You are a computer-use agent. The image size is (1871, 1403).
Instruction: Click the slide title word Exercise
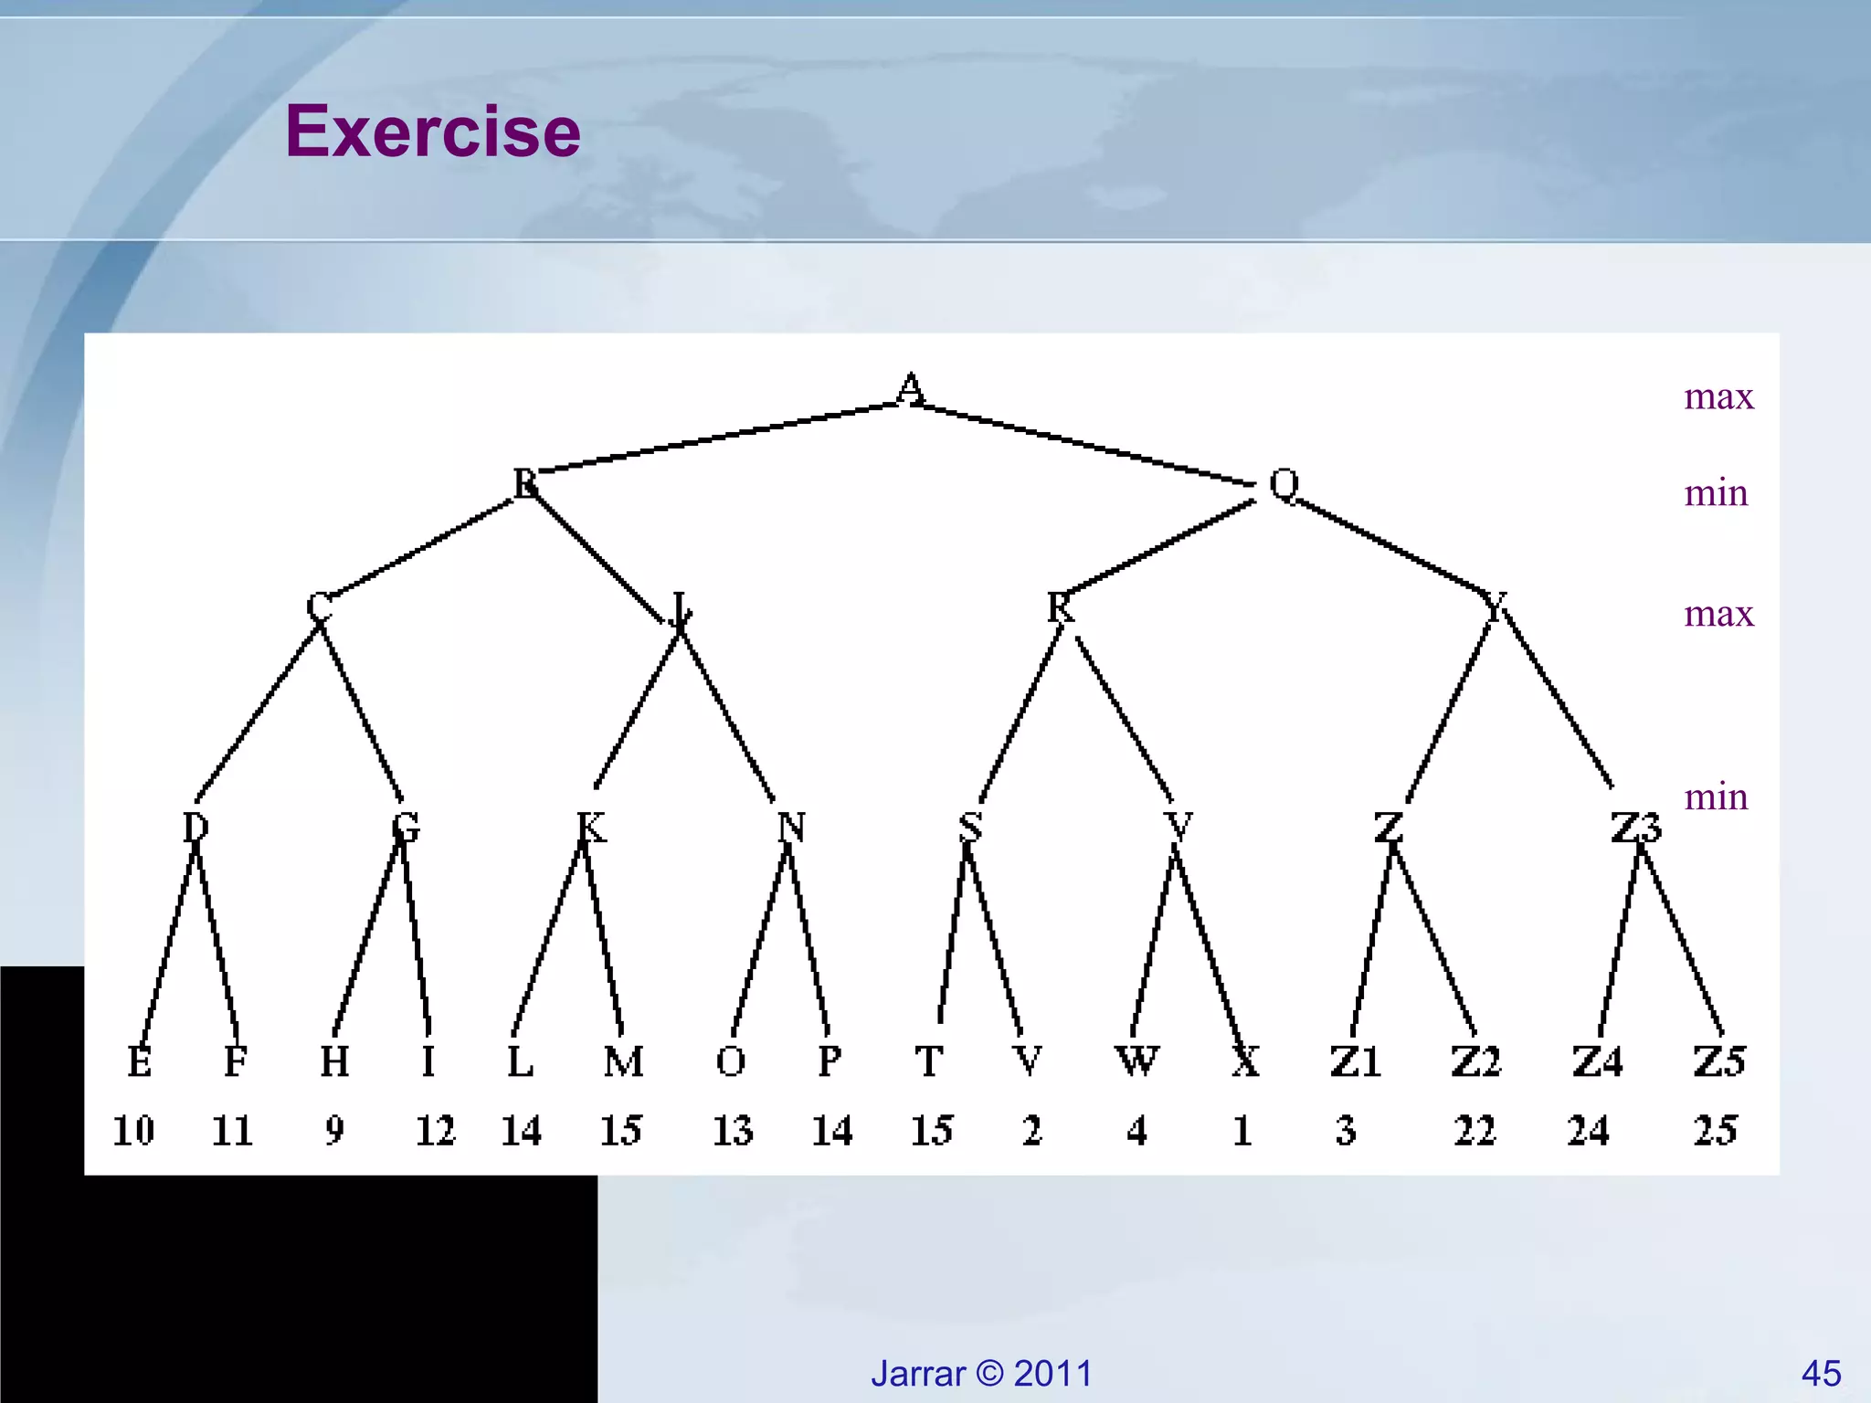[432, 132]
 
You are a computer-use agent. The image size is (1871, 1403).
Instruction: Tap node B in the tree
[525, 483]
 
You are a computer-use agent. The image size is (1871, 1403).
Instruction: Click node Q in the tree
[1284, 484]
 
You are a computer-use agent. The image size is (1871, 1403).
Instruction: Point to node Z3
[1635, 828]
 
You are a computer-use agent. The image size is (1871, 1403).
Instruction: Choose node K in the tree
[591, 828]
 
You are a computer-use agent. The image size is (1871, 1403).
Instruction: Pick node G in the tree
[405, 828]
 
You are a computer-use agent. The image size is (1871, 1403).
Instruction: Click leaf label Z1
[1355, 1061]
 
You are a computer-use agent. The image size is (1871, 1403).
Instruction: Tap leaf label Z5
[1718, 1061]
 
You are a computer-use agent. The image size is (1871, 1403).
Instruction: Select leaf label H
[334, 1061]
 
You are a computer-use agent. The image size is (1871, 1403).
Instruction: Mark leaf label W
[1137, 1061]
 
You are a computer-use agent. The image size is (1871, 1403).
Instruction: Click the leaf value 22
[1475, 1131]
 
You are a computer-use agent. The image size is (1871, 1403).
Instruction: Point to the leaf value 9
[334, 1131]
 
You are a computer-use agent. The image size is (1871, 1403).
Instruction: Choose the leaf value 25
[1715, 1131]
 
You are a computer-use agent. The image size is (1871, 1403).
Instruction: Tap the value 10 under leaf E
[133, 1131]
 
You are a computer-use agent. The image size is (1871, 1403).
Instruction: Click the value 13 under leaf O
[733, 1131]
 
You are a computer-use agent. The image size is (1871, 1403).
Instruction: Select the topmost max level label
[1718, 396]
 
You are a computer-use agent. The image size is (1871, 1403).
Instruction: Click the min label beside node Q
[1716, 493]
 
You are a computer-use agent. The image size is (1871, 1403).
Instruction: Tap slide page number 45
[1821, 1373]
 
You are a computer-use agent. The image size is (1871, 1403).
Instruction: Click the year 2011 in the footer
[1052, 1373]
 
